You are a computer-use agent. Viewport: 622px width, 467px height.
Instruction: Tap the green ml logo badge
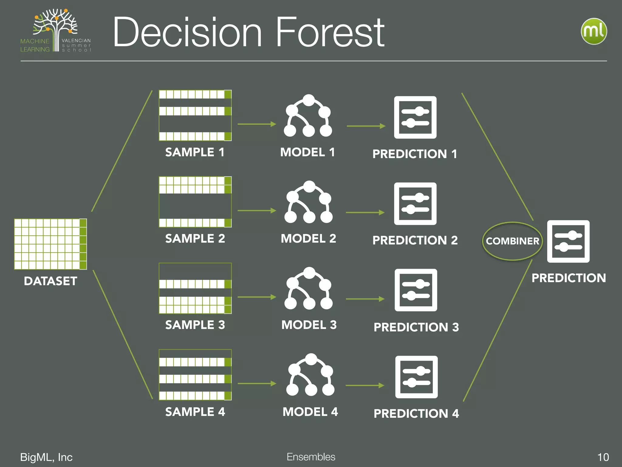coord(594,31)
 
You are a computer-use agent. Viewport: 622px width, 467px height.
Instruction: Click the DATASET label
coord(50,281)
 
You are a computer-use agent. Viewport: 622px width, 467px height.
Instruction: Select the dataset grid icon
coord(50,244)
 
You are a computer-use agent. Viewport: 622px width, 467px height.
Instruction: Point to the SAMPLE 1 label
coord(195,152)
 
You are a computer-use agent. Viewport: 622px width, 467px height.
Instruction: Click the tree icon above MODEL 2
coord(309,202)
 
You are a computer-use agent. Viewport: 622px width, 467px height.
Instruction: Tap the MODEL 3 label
coord(309,325)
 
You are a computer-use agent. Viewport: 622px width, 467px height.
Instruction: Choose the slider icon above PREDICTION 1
coord(415,117)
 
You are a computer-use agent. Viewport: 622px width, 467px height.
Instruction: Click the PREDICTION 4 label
coord(416,413)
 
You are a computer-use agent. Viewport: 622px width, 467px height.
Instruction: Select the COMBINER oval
coord(512,241)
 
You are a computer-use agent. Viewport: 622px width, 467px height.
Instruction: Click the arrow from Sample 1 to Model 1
coord(257,124)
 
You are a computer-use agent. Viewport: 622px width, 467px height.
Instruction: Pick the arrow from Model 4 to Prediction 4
coord(365,386)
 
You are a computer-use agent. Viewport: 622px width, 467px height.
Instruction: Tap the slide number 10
coord(603,457)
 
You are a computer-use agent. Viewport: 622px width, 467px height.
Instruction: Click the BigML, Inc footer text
coord(46,457)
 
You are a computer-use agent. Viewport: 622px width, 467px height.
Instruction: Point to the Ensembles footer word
coord(311,457)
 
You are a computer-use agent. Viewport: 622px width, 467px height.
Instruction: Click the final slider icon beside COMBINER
coord(568,241)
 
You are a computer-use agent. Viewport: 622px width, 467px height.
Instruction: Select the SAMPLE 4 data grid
coord(195,375)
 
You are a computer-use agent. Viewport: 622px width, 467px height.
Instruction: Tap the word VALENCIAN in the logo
coord(76,40)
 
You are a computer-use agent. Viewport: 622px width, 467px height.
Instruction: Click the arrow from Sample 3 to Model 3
coord(257,297)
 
